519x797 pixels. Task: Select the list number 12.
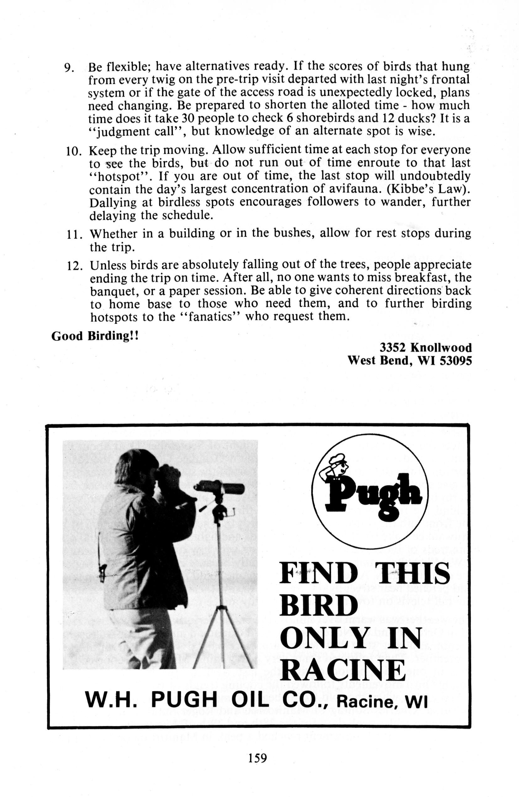click(75, 266)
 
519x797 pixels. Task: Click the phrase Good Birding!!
click(95, 336)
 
